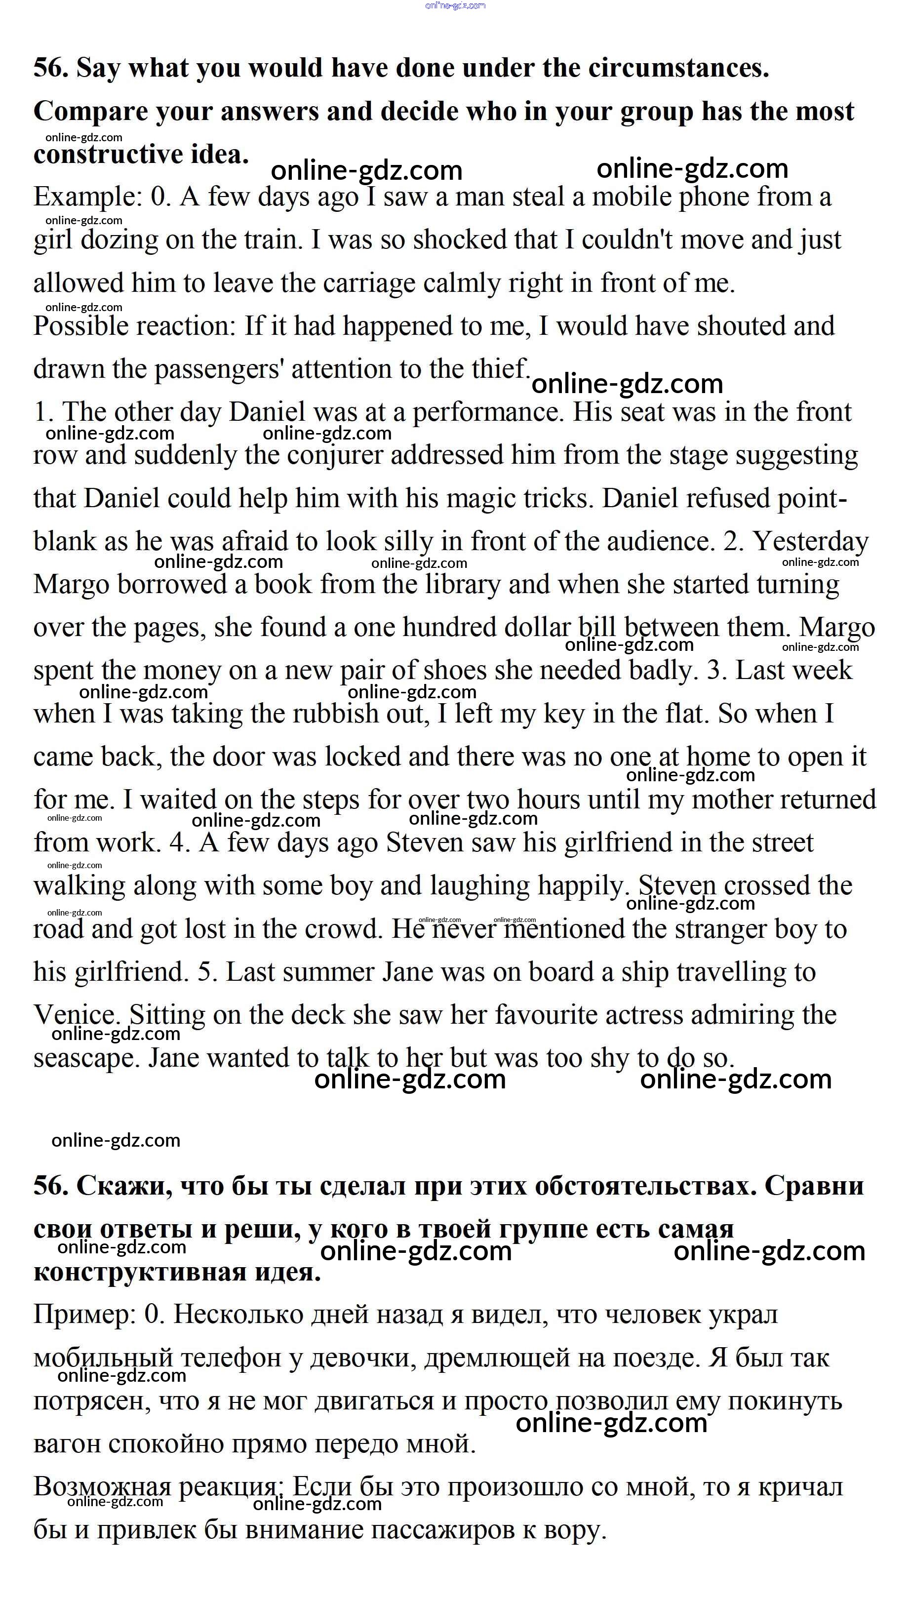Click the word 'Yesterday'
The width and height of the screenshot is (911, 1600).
click(810, 542)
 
